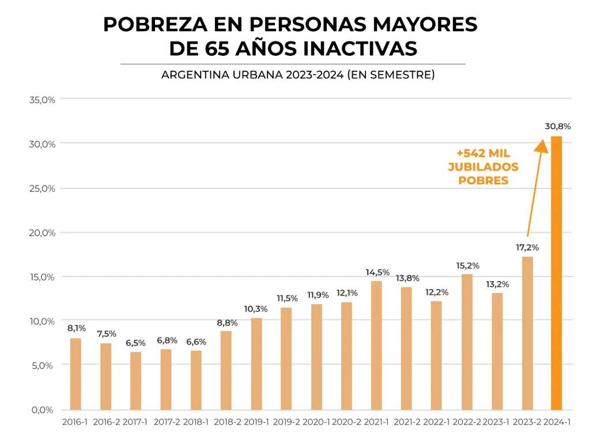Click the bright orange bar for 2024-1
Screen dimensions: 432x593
point(556,274)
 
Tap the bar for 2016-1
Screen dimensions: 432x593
point(75,374)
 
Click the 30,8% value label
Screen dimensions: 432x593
point(557,126)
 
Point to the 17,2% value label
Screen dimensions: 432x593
point(527,247)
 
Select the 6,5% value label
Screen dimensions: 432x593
point(136,343)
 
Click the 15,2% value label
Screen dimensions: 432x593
point(467,266)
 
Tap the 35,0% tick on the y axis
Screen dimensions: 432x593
point(41,99)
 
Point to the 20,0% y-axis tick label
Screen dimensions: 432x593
point(41,233)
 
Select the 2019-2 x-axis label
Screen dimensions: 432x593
point(286,422)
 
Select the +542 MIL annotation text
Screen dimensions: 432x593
point(483,154)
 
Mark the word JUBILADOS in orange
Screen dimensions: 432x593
point(483,167)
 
